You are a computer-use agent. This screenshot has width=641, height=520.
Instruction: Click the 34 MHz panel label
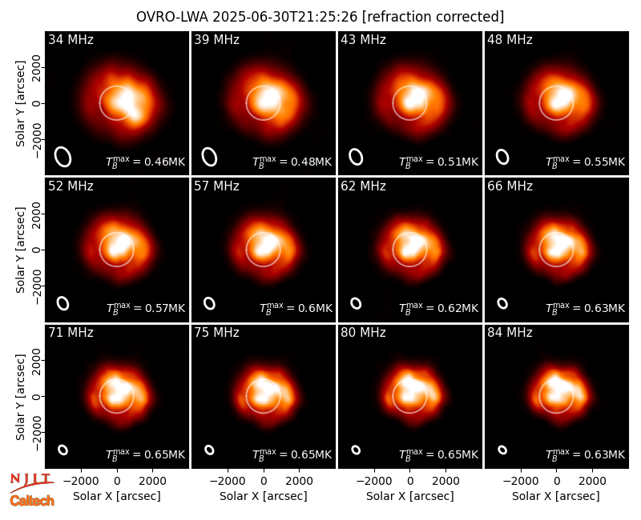click(71, 39)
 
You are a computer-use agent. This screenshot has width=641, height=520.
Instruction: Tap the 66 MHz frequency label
click(510, 186)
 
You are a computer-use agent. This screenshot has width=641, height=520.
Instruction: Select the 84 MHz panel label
click(510, 333)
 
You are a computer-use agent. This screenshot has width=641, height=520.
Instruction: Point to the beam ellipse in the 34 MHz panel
click(63, 157)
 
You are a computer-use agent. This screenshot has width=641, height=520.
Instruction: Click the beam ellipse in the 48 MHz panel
click(502, 157)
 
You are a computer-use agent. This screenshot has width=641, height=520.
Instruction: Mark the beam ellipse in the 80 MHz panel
click(356, 450)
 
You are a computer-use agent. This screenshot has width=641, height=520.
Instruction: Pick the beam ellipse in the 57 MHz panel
click(209, 303)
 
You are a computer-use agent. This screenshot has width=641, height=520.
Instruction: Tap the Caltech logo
click(32, 501)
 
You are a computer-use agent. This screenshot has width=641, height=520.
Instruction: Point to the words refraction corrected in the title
click(433, 17)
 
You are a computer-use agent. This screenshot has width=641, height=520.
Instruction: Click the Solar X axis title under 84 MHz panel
click(556, 496)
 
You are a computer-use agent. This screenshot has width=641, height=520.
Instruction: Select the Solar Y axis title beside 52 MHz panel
click(20, 250)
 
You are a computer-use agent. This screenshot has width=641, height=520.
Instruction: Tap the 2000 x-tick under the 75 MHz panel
click(299, 482)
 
